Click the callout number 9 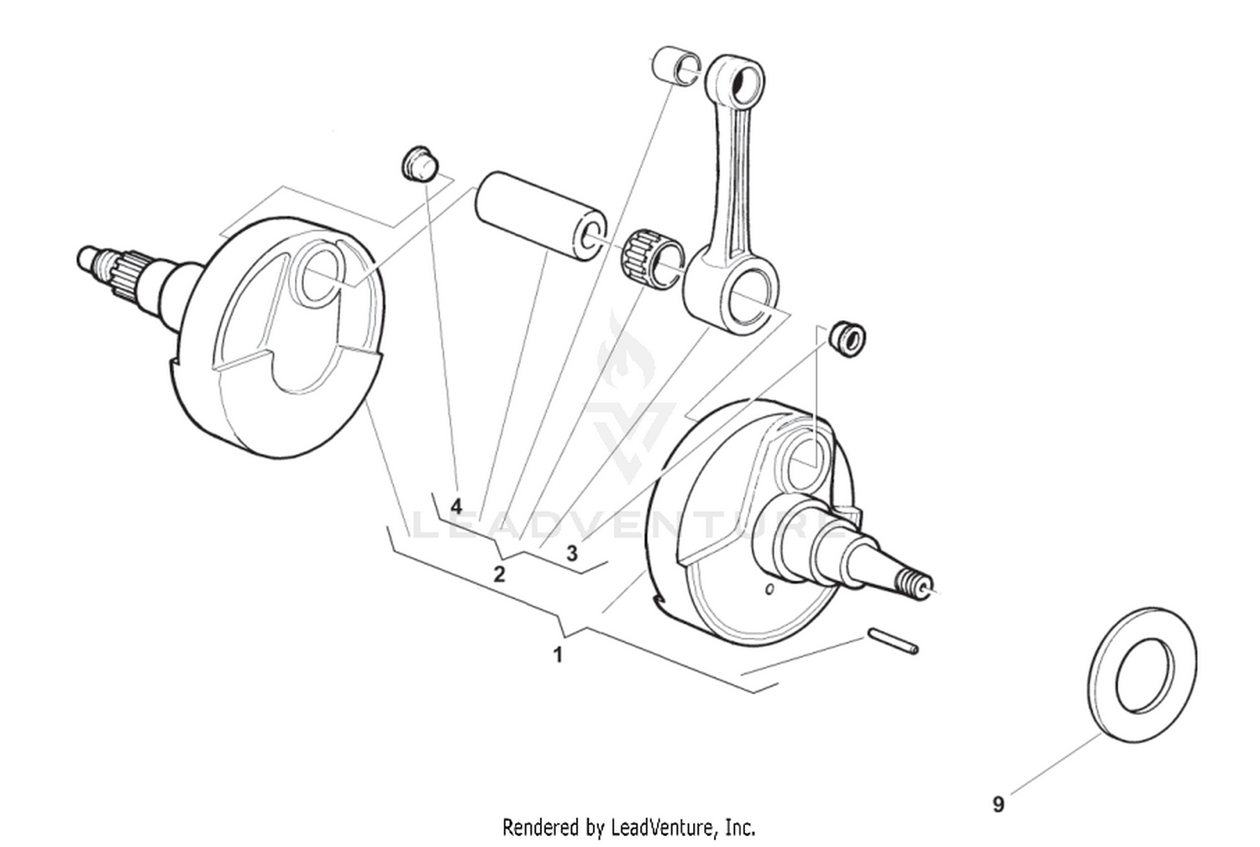[x=998, y=805]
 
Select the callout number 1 [x=557, y=655]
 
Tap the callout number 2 [x=499, y=575]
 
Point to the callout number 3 [x=572, y=554]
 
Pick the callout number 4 [x=456, y=507]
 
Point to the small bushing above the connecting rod [x=676, y=66]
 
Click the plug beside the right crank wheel [x=847, y=338]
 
